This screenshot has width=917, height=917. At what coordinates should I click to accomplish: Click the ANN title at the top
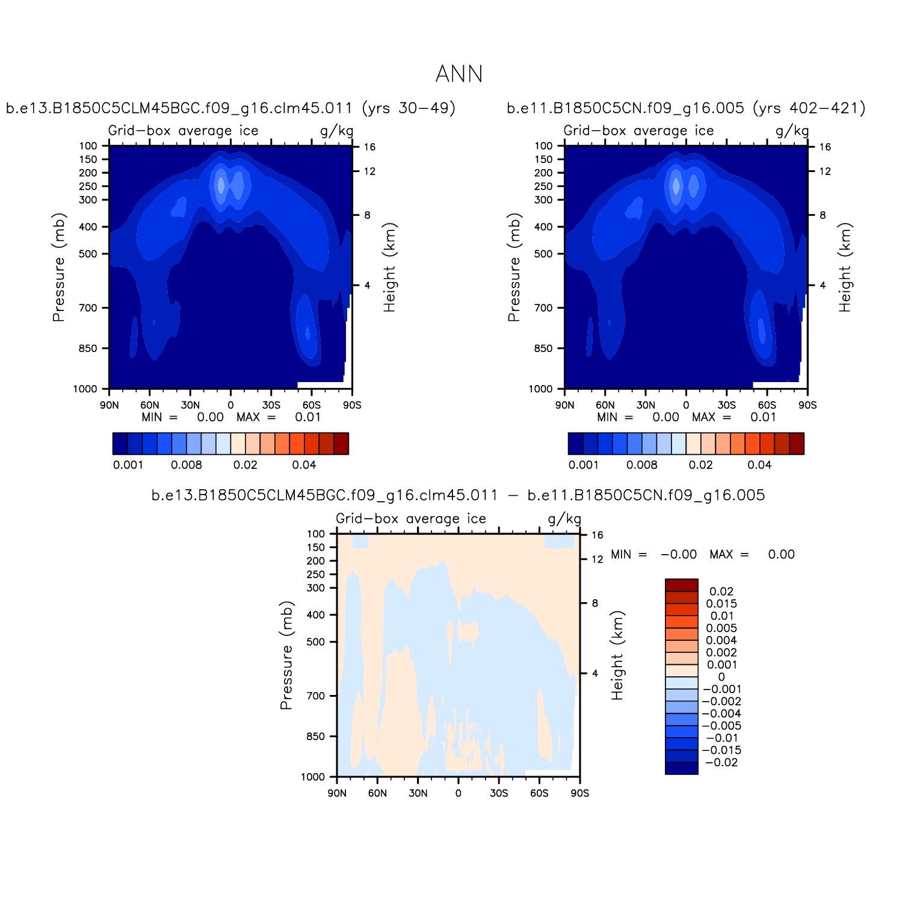click(x=458, y=74)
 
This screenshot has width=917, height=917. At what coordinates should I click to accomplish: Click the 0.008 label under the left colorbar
click(x=187, y=465)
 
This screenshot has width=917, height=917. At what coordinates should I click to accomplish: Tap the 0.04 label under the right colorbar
click(x=759, y=465)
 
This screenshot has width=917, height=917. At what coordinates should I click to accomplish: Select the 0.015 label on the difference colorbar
click(x=721, y=604)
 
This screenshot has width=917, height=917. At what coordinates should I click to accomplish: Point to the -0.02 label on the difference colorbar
click(x=721, y=762)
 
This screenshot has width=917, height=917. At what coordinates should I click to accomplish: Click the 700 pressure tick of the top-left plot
click(x=88, y=308)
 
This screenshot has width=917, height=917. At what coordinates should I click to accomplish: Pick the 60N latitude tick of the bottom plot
click(x=377, y=793)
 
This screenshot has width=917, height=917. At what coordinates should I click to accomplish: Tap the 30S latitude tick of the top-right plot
click(x=726, y=405)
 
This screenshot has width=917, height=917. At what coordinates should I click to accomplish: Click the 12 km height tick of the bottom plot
click(x=597, y=559)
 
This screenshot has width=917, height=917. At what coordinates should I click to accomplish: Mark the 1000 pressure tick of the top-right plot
click(x=540, y=389)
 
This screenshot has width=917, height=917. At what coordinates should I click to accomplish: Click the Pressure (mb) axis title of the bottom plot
click(x=286, y=655)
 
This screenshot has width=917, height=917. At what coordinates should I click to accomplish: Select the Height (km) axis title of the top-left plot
click(x=390, y=267)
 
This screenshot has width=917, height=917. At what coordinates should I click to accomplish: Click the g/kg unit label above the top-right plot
click(x=792, y=131)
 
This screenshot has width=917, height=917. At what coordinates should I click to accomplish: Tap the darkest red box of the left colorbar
click(x=341, y=443)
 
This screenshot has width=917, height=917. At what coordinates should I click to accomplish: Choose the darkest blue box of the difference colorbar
click(x=681, y=768)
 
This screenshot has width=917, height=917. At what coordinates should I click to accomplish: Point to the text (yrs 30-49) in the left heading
click(x=409, y=108)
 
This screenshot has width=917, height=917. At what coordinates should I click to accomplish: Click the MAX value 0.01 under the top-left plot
click(x=307, y=417)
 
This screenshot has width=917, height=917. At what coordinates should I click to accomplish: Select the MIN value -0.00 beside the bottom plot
click(x=679, y=554)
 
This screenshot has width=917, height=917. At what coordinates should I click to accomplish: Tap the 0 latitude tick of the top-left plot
click(x=230, y=405)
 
